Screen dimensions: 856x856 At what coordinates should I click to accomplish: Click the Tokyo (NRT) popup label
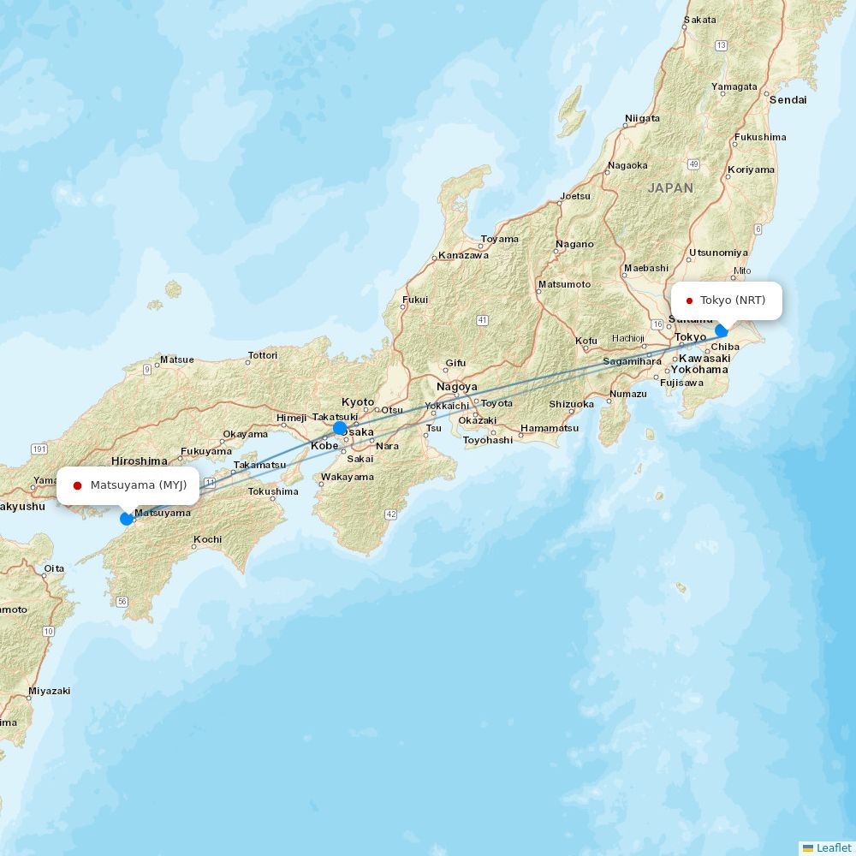tap(726, 300)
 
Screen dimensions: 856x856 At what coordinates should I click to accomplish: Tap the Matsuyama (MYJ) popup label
tap(128, 485)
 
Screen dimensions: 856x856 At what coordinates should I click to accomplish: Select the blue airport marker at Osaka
tap(340, 428)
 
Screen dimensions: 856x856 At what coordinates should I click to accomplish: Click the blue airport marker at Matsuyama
tap(127, 518)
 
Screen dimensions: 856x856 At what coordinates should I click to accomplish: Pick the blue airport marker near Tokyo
tap(722, 330)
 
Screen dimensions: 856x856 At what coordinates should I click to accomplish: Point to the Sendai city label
tap(788, 99)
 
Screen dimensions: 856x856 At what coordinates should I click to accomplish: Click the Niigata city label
tap(642, 118)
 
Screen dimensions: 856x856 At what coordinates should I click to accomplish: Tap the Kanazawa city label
tap(463, 255)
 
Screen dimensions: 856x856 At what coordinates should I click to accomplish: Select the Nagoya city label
tap(456, 387)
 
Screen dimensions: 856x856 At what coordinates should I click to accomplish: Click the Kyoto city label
tap(358, 402)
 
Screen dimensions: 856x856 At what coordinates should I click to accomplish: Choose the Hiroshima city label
tap(139, 461)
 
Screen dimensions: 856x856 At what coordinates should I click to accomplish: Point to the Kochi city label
tap(207, 539)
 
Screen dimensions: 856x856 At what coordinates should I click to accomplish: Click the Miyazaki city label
tap(49, 690)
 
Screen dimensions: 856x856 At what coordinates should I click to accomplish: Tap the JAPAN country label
tap(670, 187)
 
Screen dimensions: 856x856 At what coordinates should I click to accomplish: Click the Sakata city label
tap(700, 20)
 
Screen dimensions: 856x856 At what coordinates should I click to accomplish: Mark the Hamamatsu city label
tap(549, 428)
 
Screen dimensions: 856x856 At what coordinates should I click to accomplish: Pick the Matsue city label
tap(176, 360)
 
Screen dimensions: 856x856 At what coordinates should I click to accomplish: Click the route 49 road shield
tap(693, 163)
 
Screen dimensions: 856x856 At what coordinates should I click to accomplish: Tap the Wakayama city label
tap(348, 477)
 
